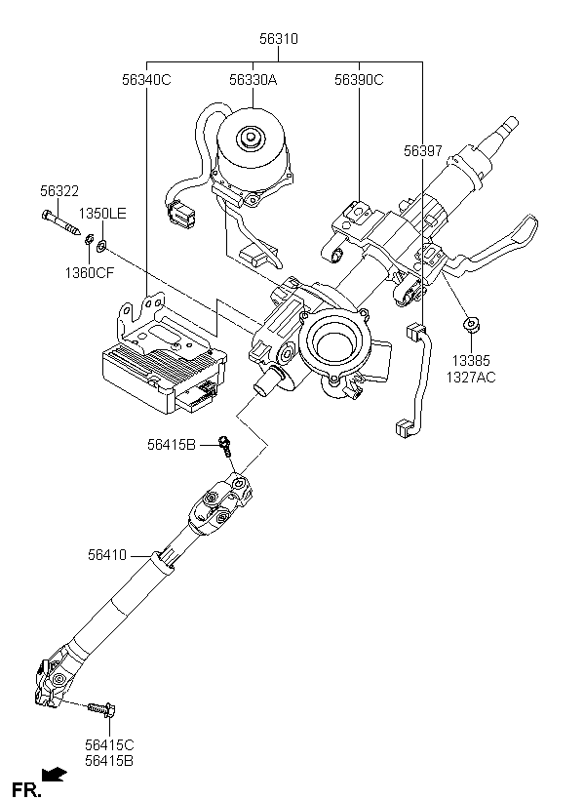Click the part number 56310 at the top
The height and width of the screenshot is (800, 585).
pos(279,39)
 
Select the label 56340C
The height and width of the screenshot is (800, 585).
pos(146,80)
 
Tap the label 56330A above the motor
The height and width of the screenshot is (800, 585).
pos(253,80)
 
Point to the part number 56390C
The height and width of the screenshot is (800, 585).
pos(359,80)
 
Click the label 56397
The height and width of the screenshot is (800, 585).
pos(423,151)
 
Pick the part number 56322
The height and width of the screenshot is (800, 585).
pos(59,191)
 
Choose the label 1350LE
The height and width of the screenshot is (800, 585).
pos(102,214)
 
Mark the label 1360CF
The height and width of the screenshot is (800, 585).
pos(90,273)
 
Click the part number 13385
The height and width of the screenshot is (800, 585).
pos(471,361)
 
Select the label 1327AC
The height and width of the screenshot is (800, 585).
pos(471,378)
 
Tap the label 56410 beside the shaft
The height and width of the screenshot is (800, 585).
pos(107,555)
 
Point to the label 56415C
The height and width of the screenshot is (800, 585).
pos(109,745)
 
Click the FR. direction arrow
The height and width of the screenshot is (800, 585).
pos(54,775)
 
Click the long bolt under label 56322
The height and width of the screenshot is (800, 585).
pos(61,223)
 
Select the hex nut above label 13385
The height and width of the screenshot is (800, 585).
pos(471,325)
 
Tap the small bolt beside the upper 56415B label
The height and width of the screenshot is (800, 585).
pos(225,446)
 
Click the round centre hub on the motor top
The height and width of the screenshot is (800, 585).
pos(251,138)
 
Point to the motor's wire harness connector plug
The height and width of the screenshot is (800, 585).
pos(182,213)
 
